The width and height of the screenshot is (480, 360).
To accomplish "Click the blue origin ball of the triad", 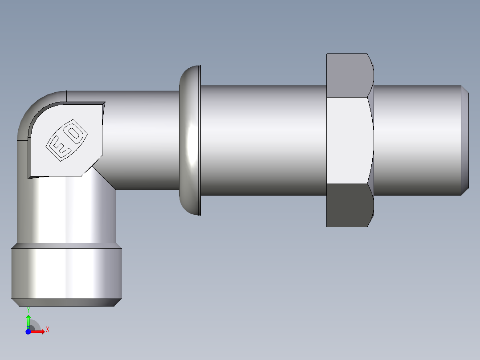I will pyautogui.click(x=28, y=332).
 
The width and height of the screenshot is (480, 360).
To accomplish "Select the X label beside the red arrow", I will pyautogui.click(x=47, y=330).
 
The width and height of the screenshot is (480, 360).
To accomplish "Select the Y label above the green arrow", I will pyautogui.click(x=28, y=310).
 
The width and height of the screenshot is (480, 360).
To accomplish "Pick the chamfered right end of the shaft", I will pyautogui.click(x=465, y=140).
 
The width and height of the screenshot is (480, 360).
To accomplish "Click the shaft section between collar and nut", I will pyautogui.click(x=263, y=140).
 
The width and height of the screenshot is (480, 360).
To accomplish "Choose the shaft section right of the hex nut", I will pyautogui.click(x=416, y=140).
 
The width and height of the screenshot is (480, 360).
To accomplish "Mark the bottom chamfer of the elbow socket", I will pyautogui.click(x=66, y=303).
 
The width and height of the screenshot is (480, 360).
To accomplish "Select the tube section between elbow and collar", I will pyautogui.click(x=142, y=140).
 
